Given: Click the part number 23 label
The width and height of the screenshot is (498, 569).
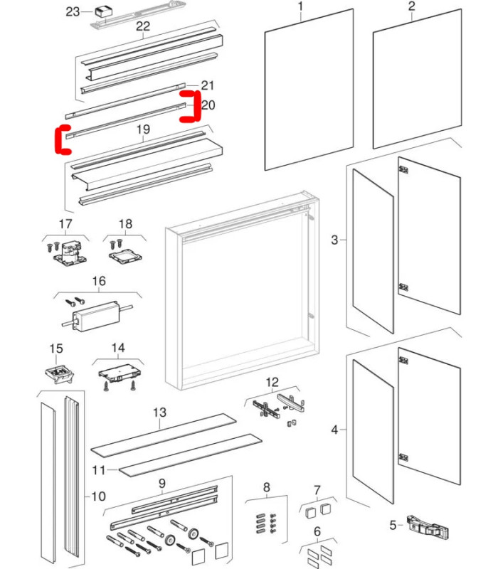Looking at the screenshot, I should [x=74, y=11].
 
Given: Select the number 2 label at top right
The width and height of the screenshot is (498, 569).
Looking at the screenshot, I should [x=411, y=6].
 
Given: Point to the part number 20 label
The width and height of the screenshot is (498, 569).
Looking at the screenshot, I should [x=208, y=105].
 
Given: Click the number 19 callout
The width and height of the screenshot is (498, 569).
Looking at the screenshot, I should [x=143, y=130].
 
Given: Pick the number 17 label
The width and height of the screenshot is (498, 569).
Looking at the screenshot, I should [x=65, y=225].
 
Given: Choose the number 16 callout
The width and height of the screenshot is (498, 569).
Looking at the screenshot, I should [x=98, y=282].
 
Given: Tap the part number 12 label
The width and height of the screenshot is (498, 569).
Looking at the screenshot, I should [x=272, y=383].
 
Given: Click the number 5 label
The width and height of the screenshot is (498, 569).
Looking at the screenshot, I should [x=392, y=526].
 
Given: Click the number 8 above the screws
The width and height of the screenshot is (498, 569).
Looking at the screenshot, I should [x=267, y=487].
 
